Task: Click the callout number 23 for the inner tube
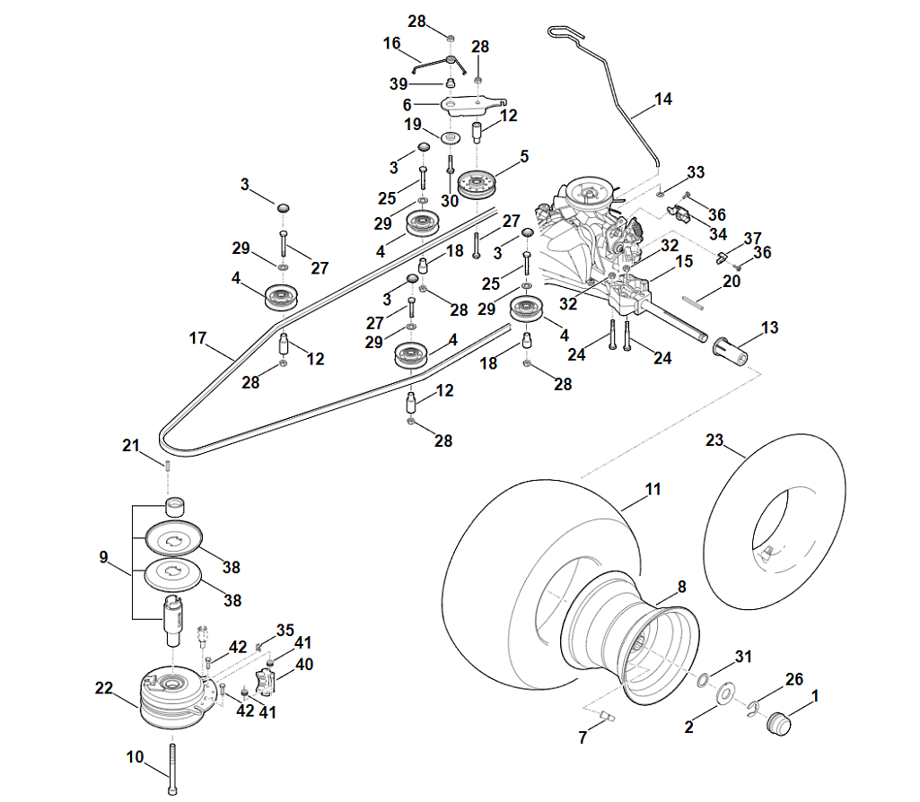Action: click(x=714, y=440)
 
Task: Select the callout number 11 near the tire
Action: click(x=653, y=490)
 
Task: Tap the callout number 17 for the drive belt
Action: click(x=198, y=339)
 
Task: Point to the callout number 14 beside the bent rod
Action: click(x=663, y=100)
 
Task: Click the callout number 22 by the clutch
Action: click(x=103, y=688)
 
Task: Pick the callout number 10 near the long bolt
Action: click(x=135, y=757)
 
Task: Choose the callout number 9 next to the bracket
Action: click(x=104, y=558)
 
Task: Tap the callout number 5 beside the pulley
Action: click(x=525, y=157)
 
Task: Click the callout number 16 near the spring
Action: click(x=391, y=43)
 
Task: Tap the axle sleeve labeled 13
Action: click(x=732, y=351)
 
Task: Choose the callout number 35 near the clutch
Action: click(x=285, y=630)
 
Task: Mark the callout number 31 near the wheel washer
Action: click(x=741, y=657)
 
